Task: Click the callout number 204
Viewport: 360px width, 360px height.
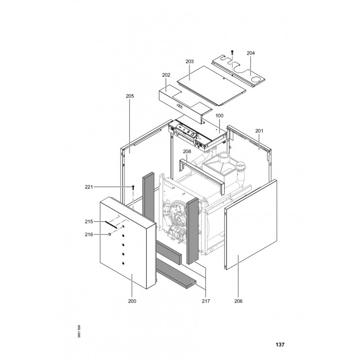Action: pos(251,53)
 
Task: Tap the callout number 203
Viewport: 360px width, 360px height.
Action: pos(189,62)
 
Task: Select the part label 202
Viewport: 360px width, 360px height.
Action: pos(166,75)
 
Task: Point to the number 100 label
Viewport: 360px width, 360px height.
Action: pos(219,116)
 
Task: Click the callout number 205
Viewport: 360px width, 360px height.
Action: pos(130,96)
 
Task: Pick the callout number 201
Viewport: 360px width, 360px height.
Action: pos(259,131)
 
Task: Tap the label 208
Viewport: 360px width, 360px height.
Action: pos(187,152)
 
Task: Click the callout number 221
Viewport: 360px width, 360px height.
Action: pos(89,187)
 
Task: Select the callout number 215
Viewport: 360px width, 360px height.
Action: pos(89,221)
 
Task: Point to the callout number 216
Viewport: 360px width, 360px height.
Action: pos(89,234)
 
